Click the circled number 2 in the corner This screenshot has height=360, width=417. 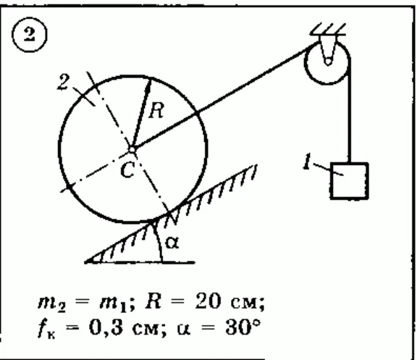tap(29, 35)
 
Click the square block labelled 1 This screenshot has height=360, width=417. tap(350, 180)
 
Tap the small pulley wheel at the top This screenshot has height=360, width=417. tap(327, 63)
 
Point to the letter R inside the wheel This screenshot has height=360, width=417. tap(156, 110)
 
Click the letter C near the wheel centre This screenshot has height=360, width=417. tap(127, 170)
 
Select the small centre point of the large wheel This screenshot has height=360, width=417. tap(132, 149)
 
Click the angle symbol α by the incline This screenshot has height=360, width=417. tap(172, 243)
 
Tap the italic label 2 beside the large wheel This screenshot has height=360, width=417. tap(64, 83)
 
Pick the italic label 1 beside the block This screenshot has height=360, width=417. tap(308, 161)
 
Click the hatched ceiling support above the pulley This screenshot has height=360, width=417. tap(328, 30)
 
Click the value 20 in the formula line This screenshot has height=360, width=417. tap(208, 301)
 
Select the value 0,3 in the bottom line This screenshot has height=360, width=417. tap(106, 327)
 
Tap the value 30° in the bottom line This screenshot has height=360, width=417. tap(242, 327)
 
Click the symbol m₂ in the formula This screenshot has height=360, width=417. tap(52, 304)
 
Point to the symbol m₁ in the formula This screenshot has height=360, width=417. tap(113, 304)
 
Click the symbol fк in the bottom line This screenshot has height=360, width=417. tap(47, 330)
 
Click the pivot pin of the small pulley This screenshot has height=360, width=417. tap(328, 62)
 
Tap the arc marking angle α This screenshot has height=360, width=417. tap(158, 240)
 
